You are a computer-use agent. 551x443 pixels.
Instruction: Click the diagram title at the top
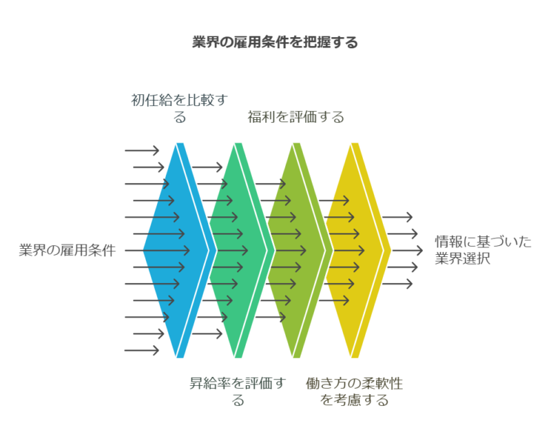[275, 43]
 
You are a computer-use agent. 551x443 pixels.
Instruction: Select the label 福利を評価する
[295, 117]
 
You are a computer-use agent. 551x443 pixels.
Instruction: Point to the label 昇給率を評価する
[237, 391]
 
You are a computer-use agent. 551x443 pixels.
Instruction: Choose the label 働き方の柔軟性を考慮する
[354, 391]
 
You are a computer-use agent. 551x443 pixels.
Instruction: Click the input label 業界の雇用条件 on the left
[66, 250]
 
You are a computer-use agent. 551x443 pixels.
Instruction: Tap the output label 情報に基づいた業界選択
[482, 250]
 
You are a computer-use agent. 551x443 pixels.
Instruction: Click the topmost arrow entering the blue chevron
[142, 150]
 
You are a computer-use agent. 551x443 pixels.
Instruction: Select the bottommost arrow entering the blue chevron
[142, 351]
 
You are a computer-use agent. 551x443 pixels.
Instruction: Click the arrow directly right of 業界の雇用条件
[157, 250]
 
